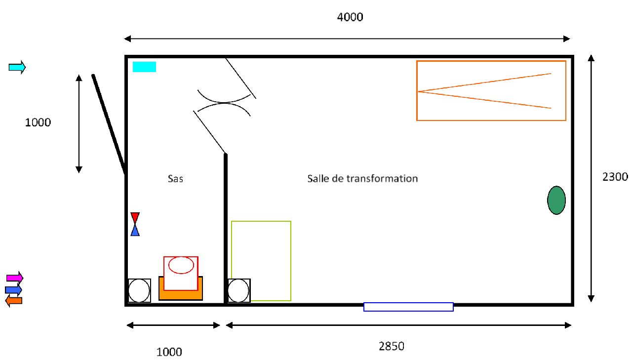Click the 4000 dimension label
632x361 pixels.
[350, 17]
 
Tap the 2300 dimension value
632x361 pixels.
[615, 177]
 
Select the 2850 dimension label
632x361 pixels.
[392, 346]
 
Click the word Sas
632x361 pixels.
[175, 179]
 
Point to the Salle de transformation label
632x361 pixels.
[362, 178]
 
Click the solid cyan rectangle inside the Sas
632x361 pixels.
[144, 67]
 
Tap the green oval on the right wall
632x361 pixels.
[556, 200]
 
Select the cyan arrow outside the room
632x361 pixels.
[17, 67]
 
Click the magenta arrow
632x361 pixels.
[15, 278]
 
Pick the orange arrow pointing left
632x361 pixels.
[14, 301]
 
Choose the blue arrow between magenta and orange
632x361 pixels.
[13, 289]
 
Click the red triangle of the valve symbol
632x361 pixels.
[135, 218]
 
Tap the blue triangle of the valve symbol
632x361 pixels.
[135, 231]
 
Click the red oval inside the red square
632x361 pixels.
[181, 265]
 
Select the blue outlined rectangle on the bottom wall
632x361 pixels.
[408, 307]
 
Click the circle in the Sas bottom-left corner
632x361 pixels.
[139, 290]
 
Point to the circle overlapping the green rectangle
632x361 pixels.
[238, 290]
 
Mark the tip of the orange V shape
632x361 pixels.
[418, 91]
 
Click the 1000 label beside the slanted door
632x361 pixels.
[38, 122]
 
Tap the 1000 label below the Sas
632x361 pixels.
[169, 352]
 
